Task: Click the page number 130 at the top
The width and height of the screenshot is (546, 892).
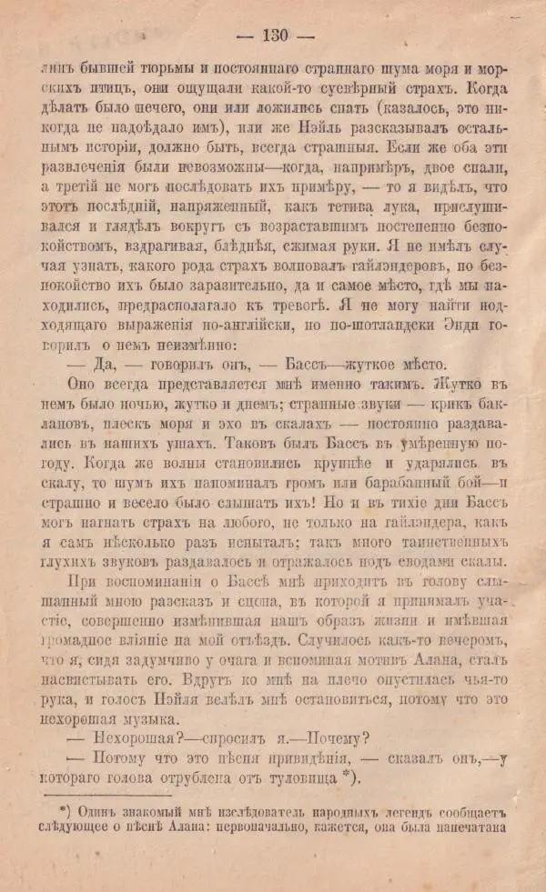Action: [x=273, y=37]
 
